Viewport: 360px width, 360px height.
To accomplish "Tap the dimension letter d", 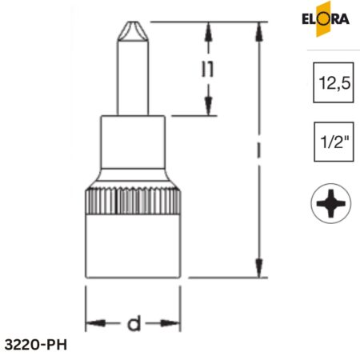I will [134, 324].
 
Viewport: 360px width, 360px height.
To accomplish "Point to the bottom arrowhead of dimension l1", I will [209, 108].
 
